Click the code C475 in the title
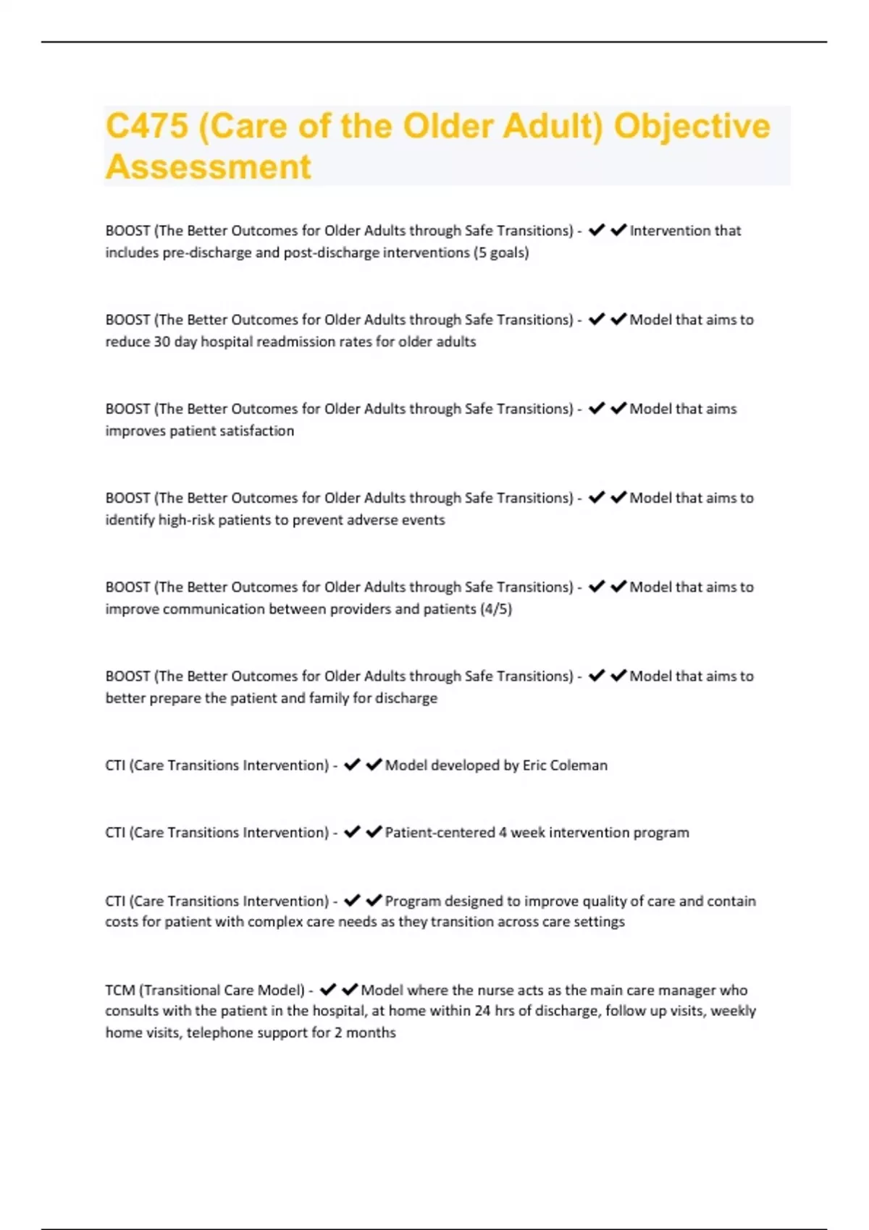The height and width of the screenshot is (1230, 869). pyautogui.click(x=147, y=127)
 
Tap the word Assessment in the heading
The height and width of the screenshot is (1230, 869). pyautogui.click(x=209, y=167)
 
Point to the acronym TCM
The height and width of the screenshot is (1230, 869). pyautogui.click(x=119, y=990)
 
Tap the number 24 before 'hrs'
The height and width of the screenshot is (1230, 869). pyautogui.click(x=482, y=1011)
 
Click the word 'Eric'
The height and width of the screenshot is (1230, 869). pyautogui.click(x=534, y=765)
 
